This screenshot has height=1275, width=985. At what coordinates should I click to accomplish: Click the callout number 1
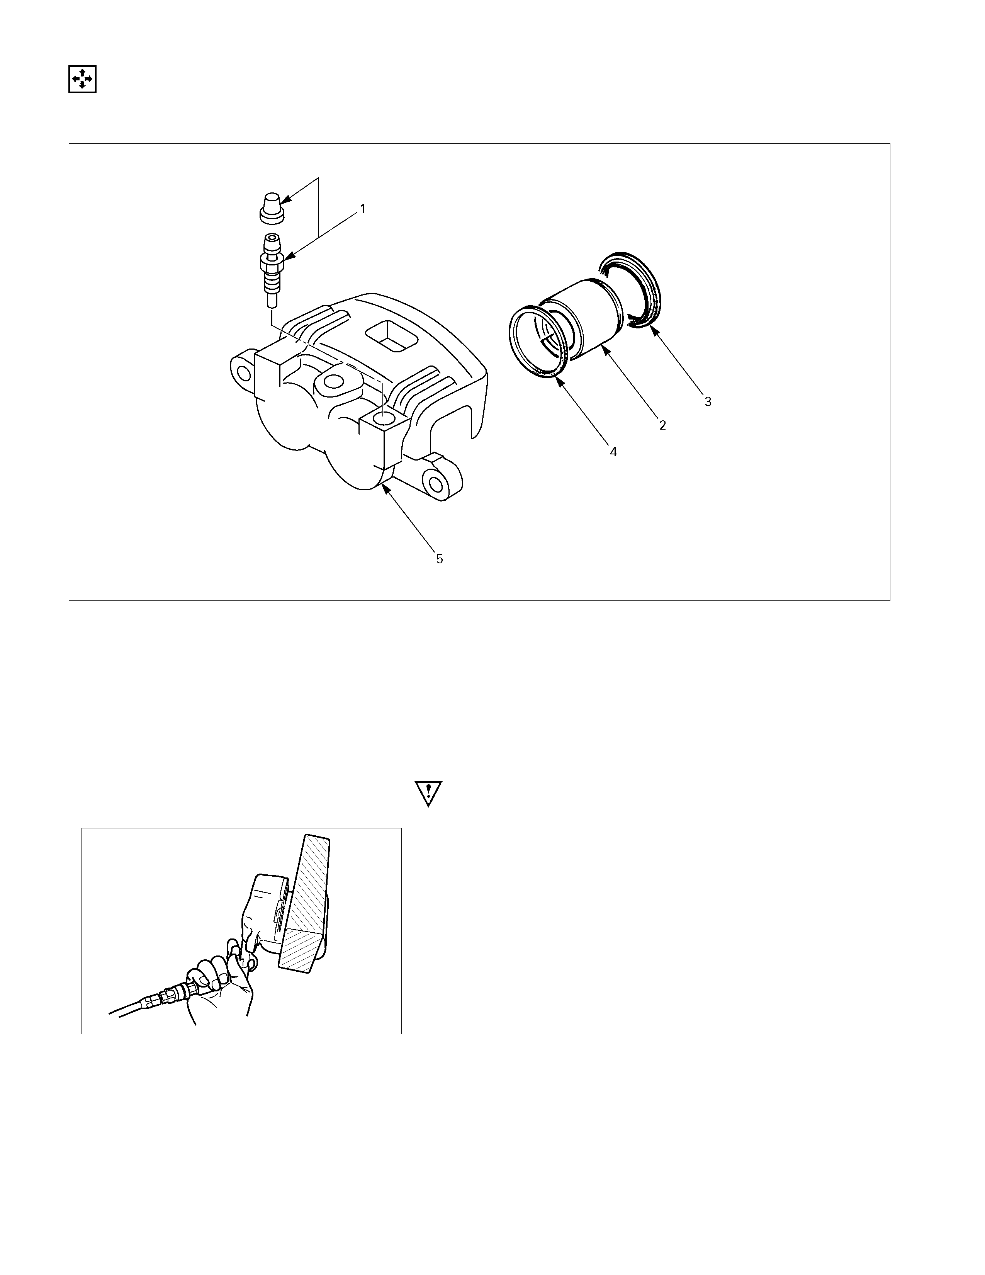[x=363, y=208]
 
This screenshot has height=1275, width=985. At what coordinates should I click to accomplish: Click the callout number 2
[x=662, y=425]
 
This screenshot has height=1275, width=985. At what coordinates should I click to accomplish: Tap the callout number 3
[x=708, y=402]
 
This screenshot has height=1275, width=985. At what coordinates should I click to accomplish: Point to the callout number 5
[x=440, y=559]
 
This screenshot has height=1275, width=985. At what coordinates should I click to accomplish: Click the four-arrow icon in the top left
[x=82, y=79]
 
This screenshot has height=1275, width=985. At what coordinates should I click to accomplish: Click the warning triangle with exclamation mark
[x=429, y=794]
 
